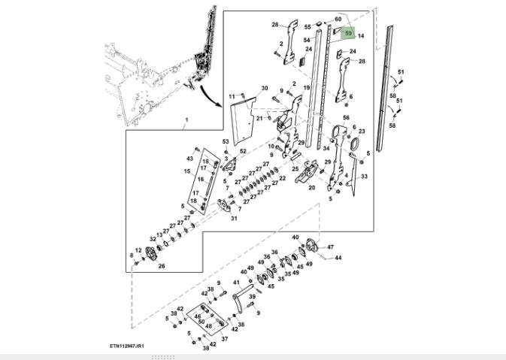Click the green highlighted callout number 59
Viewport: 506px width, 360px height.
tap(348, 32)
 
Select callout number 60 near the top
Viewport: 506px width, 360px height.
tap(338, 19)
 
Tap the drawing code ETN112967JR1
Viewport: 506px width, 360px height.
tap(126, 346)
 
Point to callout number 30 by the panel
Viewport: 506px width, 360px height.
tap(264, 89)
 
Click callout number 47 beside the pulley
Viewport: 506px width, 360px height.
tap(330, 247)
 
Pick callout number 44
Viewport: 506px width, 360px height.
tap(338, 258)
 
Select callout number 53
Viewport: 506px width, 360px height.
tap(224, 142)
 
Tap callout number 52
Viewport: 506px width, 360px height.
tap(243, 152)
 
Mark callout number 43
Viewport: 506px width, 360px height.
tap(189, 159)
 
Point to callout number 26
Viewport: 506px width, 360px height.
tap(161, 266)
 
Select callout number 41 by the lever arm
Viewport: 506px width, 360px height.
tap(235, 283)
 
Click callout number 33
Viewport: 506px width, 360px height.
tap(363, 177)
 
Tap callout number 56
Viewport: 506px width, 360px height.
tap(346, 118)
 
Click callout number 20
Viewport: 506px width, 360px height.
tap(311, 188)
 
